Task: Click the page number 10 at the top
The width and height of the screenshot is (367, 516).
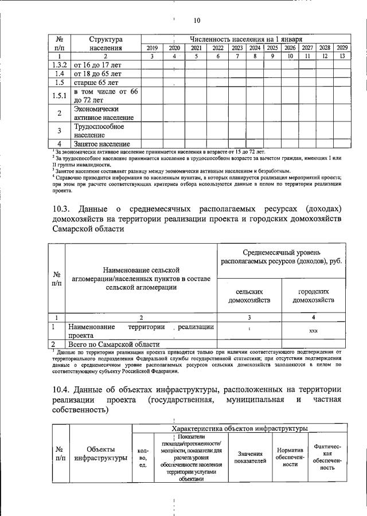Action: pos(197,21)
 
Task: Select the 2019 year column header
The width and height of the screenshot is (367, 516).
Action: pos(152,48)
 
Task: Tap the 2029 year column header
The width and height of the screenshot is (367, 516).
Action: pos(342,48)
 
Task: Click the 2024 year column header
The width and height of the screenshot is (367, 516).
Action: pos(255,48)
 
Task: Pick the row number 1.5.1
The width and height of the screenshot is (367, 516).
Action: pos(59,96)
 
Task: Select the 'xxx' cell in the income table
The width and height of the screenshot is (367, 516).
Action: pos(313,331)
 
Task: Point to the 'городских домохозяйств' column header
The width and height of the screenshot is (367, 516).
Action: pos(313,295)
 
